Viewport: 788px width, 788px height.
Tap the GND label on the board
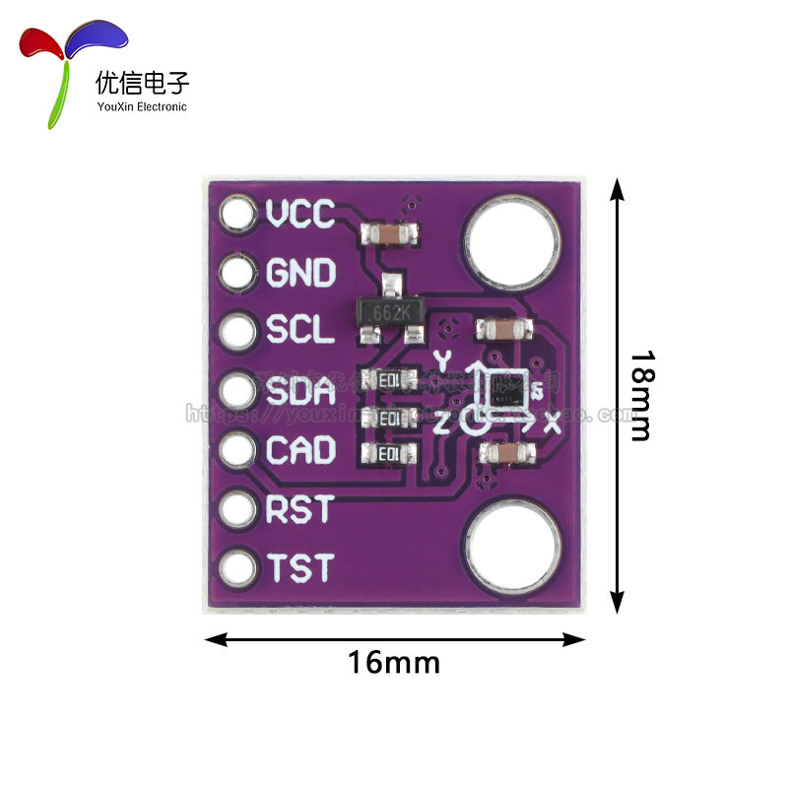(x=301, y=273)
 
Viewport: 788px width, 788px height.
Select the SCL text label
(x=300, y=331)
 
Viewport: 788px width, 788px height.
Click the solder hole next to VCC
(x=237, y=214)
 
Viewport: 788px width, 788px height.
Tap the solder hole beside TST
(x=237, y=568)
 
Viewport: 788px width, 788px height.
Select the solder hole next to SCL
(x=237, y=332)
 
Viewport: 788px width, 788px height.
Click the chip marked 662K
(x=390, y=311)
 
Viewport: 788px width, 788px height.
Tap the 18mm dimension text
(x=642, y=395)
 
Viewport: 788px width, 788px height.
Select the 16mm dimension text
(x=394, y=662)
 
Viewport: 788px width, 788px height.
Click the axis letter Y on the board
(x=442, y=360)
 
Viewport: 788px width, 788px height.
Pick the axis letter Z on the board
(x=442, y=424)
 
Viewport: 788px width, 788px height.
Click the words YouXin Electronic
(x=142, y=106)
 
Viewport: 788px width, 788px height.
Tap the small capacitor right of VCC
(x=392, y=234)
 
